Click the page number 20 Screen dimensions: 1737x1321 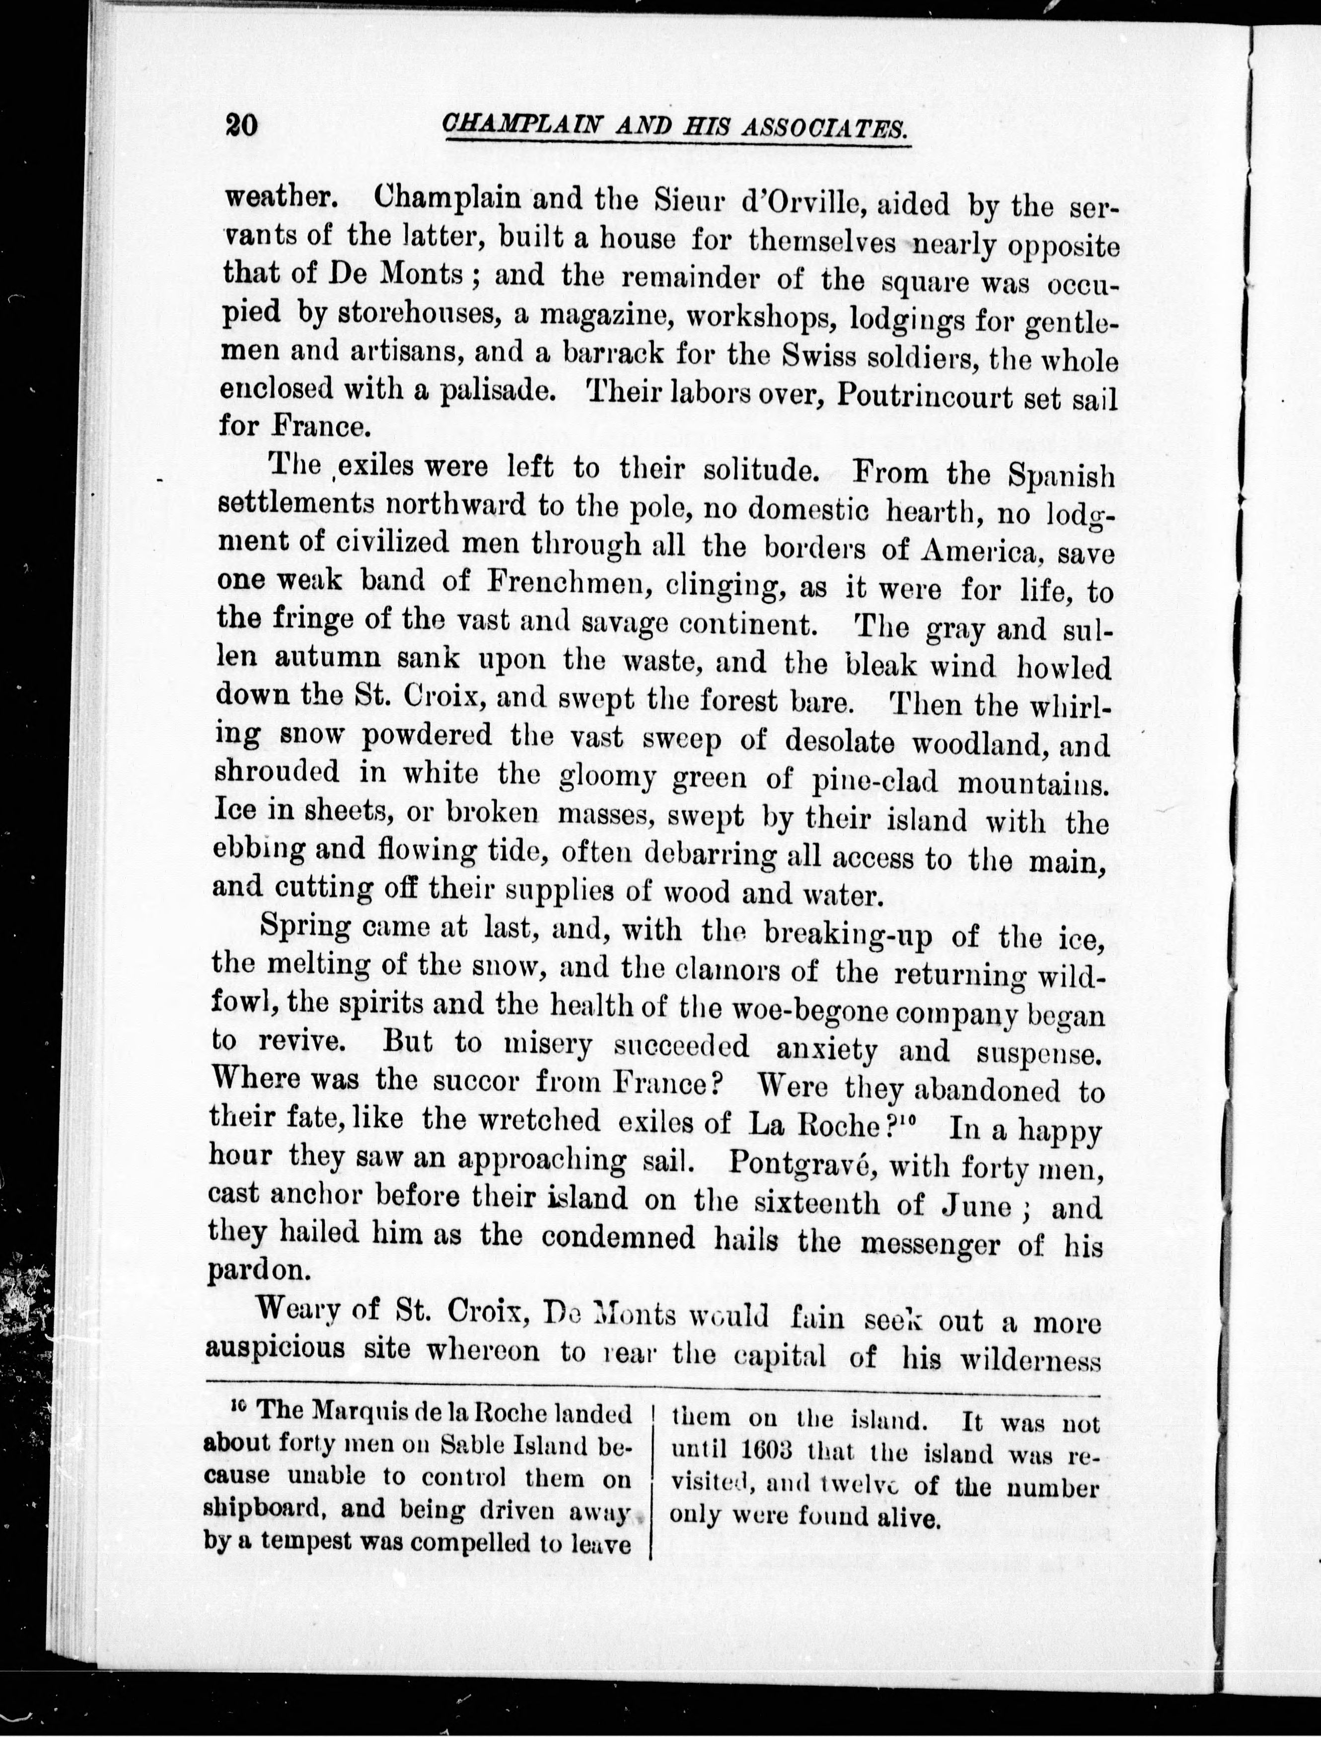coord(241,125)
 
